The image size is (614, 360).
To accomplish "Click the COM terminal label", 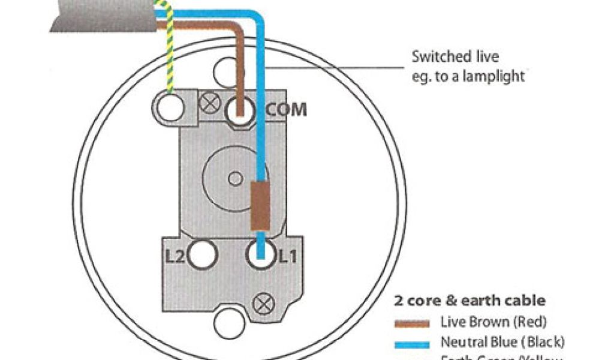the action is [x=287, y=110].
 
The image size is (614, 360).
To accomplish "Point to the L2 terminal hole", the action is [x=201, y=255].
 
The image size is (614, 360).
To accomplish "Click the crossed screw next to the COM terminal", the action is [x=209, y=103].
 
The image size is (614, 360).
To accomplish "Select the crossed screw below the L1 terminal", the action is [x=262, y=304].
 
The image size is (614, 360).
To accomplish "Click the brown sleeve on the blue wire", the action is [x=260, y=207].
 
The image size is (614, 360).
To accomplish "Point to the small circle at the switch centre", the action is [x=236, y=178].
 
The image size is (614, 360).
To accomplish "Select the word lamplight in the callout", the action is [x=495, y=76].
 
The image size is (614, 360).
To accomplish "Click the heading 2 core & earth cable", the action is [x=469, y=300].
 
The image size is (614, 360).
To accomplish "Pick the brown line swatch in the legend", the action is [x=412, y=324].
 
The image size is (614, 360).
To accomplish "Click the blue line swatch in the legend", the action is [x=412, y=344].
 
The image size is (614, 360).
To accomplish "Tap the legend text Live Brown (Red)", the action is [x=493, y=322].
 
